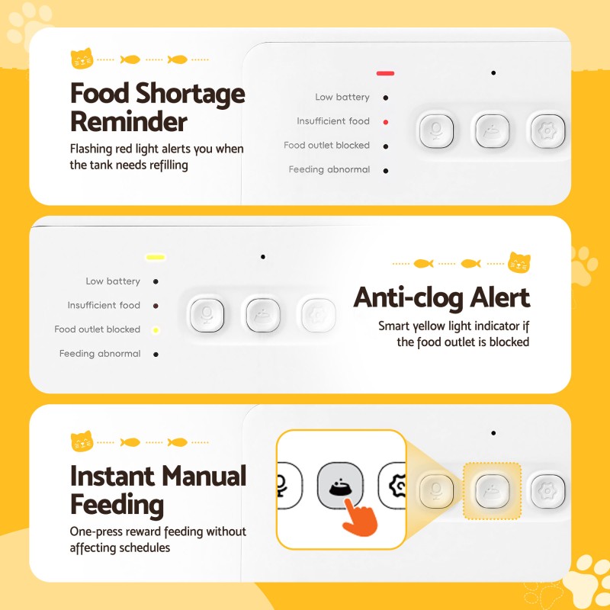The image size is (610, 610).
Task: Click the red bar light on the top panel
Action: (x=385, y=73)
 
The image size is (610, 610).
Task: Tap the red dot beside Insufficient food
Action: (x=386, y=122)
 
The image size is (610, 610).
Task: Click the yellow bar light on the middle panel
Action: (x=156, y=257)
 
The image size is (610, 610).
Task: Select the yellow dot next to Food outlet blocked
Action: (x=156, y=330)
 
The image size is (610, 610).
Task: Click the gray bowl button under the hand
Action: (x=340, y=485)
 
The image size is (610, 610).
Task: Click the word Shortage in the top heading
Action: (x=191, y=95)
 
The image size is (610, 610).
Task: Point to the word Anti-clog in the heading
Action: (x=409, y=298)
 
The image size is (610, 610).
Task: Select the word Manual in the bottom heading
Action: (x=204, y=476)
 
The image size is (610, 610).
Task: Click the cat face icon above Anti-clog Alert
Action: (x=519, y=262)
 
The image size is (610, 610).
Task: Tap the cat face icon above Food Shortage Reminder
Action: (x=82, y=59)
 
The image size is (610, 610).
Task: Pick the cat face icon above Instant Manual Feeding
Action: (x=82, y=441)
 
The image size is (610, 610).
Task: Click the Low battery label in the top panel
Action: (x=342, y=98)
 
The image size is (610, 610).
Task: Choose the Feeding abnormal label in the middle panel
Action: (x=100, y=354)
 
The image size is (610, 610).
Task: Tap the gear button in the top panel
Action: (x=547, y=131)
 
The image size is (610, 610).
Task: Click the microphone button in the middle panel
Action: (x=207, y=315)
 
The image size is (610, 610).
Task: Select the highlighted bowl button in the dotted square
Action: (x=492, y=491)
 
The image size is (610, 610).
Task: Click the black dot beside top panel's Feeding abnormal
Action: (x=386, y=171)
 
